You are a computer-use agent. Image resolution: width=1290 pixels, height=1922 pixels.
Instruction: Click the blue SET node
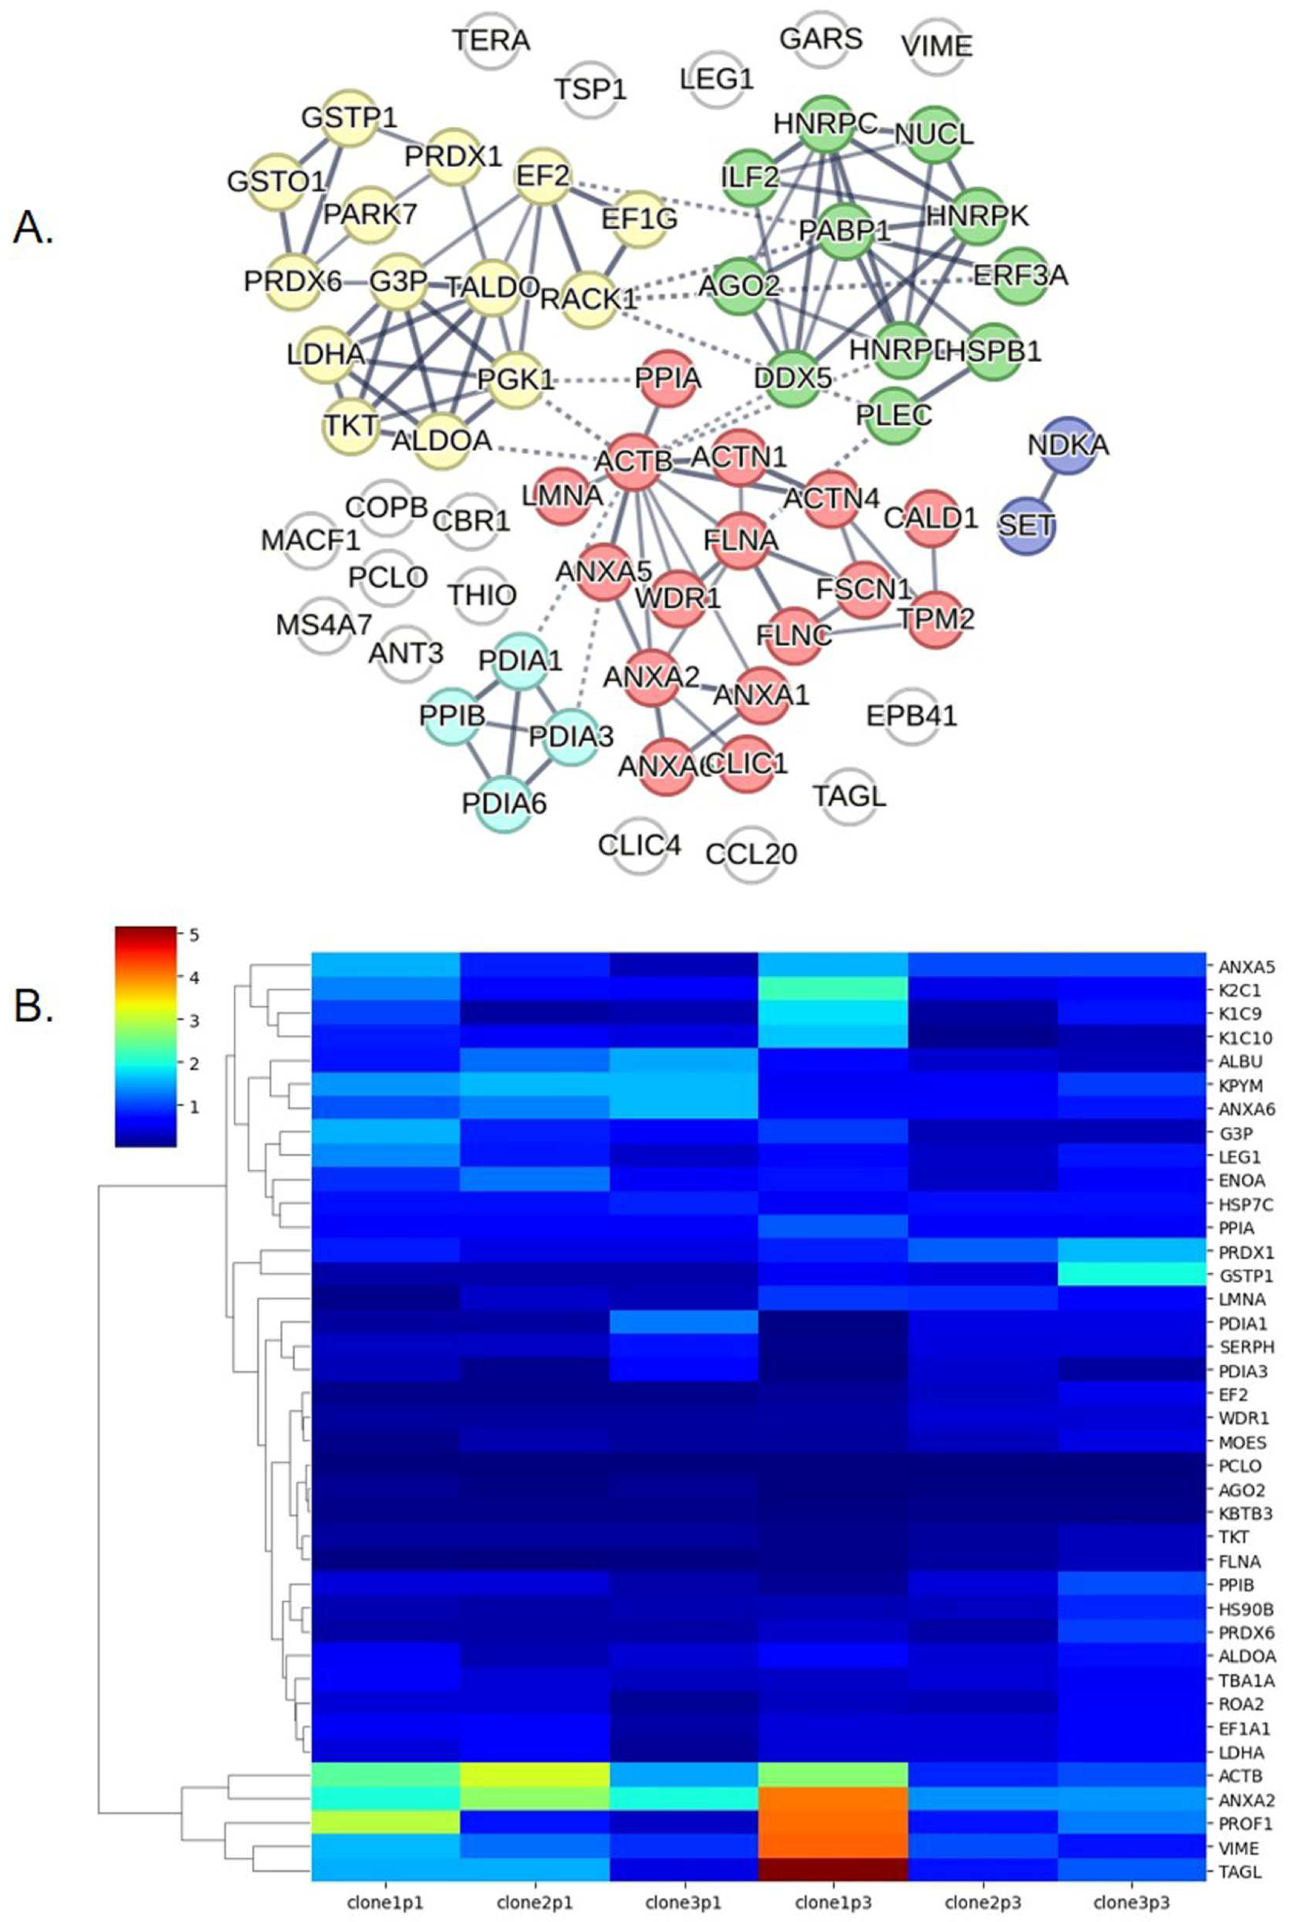click(x=1025, y=526)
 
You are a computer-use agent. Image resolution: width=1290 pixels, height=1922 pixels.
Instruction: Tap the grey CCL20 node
click(x=751, y=854)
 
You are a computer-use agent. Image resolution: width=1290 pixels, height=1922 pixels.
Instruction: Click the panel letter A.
click(x=34, y=228)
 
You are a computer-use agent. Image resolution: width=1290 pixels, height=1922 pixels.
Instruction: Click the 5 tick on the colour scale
click(x=194, y=935)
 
